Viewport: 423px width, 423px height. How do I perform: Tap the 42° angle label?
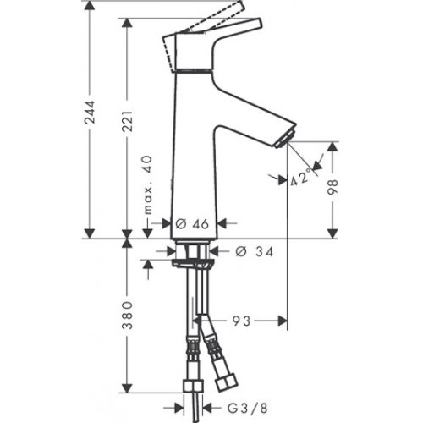(301, 179)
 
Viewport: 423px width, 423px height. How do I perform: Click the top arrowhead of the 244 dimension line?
(91, 6)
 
